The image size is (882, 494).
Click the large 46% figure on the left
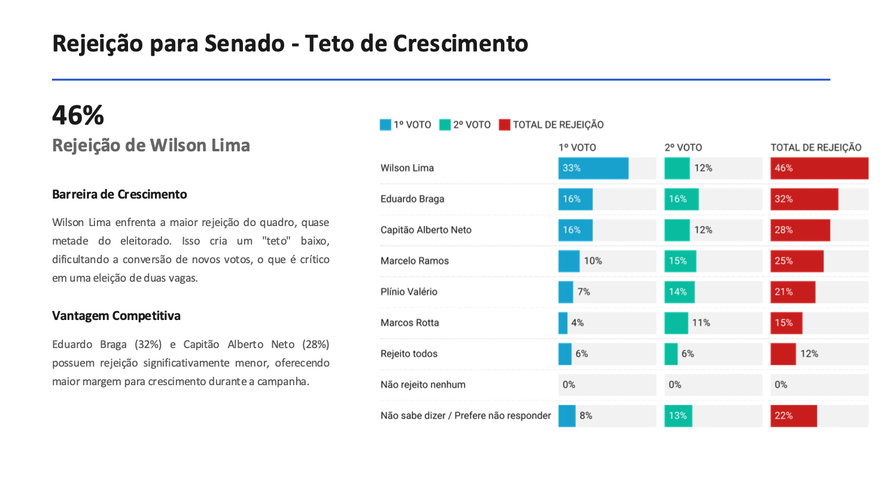[78, 115]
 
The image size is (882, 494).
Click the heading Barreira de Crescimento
[119, 194]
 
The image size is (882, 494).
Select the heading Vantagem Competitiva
[116, 316]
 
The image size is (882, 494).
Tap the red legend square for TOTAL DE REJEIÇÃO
[504, 125]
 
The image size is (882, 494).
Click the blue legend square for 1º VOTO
[385, 125]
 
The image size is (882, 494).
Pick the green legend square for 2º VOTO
[445, 125]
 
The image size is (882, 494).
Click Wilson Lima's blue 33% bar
[593, 168]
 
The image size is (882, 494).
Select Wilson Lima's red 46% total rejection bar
[819, 168]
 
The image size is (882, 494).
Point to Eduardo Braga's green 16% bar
[681, 199]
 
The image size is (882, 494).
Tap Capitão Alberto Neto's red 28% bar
[799, 230]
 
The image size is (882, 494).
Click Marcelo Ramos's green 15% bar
[680, 261]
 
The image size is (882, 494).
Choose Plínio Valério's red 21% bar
[792, 292]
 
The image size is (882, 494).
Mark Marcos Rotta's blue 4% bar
[562, 323]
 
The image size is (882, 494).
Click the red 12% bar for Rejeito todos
[783, 354]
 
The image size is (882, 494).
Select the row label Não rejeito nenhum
[422, 385]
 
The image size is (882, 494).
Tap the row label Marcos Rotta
[409, 323]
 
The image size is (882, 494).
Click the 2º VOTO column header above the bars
[683, 147]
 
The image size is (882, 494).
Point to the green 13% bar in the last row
[678, 416]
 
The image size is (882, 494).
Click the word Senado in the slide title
[244, 44]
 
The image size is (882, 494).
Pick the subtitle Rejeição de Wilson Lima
[151, 145]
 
